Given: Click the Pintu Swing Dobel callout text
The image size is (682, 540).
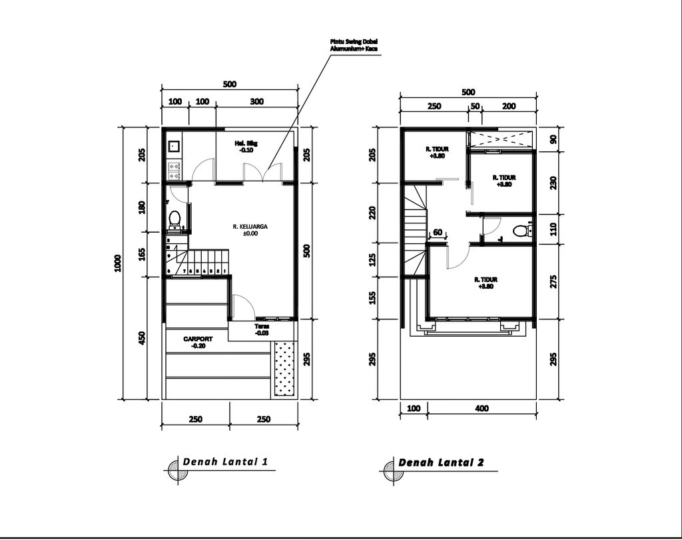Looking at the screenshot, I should click(x=354, y=45).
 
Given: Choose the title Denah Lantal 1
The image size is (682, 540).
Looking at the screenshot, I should click(x=225, y=462).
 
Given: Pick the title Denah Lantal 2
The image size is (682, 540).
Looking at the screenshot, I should click(x=441, y=463).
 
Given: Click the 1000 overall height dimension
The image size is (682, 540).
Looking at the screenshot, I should click(x=117, y=263).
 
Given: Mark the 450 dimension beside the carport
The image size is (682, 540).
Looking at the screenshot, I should click(x=141, y=338).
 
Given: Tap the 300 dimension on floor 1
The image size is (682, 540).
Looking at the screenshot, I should click(x=257, y=102).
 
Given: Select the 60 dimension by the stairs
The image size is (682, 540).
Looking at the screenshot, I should click(x=438, y=233).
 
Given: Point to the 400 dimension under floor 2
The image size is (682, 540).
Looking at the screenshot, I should click(x=482, y=409).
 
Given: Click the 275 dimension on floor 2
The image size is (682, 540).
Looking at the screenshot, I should click(x=553, y=281).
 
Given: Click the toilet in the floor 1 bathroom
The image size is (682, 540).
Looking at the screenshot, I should click(x=174, y=219).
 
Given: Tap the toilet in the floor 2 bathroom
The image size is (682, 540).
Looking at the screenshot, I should click(x=521, y=231).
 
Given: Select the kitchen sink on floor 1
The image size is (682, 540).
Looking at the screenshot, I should click(x=174, y=145).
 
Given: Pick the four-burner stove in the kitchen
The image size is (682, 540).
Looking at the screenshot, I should click(x=174, y=171).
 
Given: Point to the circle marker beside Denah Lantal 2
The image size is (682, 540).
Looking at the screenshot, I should click(x=391, y=470).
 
